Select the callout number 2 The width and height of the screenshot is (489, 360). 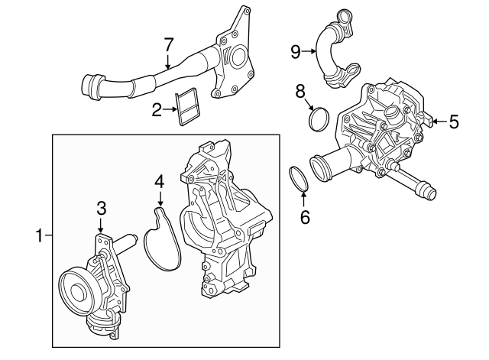click(157, 110)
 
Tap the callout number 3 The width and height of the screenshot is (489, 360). click(101, 207)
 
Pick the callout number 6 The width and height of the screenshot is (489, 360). click(304, 216)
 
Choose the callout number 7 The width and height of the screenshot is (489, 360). click(170, 45)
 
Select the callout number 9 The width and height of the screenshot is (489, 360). click(296, 51)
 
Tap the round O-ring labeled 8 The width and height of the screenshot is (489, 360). click(319, 119)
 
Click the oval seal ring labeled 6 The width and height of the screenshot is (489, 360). click(299, 178)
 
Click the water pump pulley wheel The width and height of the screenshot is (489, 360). click(76, 288)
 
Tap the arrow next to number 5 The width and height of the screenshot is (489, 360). click(437, 120)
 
